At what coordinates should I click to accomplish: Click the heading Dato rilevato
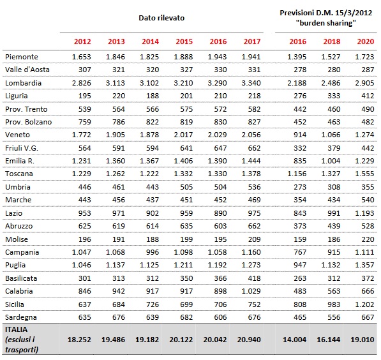coord(161,18)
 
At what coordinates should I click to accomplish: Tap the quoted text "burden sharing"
coord(326,23)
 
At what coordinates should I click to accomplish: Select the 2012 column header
coord(82,41)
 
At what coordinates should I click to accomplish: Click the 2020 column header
coord(366,41)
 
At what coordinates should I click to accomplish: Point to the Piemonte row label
coord(22,57)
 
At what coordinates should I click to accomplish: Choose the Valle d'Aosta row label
coord(27,70)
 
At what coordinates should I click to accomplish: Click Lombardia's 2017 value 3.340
coord(251,83)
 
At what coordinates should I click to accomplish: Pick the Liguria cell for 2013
coord(119,96)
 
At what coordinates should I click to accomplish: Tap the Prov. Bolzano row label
coord(29,122)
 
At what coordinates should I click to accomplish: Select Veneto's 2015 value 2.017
coord(183,135)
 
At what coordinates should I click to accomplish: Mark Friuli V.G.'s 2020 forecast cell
coord(368,148)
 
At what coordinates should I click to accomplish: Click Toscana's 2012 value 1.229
coord(82,174)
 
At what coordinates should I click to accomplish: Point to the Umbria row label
coord(18,187)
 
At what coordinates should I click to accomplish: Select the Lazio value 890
coord(220,213)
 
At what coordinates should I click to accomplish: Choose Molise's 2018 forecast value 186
coord(334,239)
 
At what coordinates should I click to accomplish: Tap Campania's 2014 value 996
coord(153,252)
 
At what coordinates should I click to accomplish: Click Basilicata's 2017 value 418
coord(254,278)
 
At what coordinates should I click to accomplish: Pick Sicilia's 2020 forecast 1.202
coord(364,304)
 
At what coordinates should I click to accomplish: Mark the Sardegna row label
coord(21,317)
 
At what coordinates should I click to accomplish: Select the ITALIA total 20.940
coord(249,340)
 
